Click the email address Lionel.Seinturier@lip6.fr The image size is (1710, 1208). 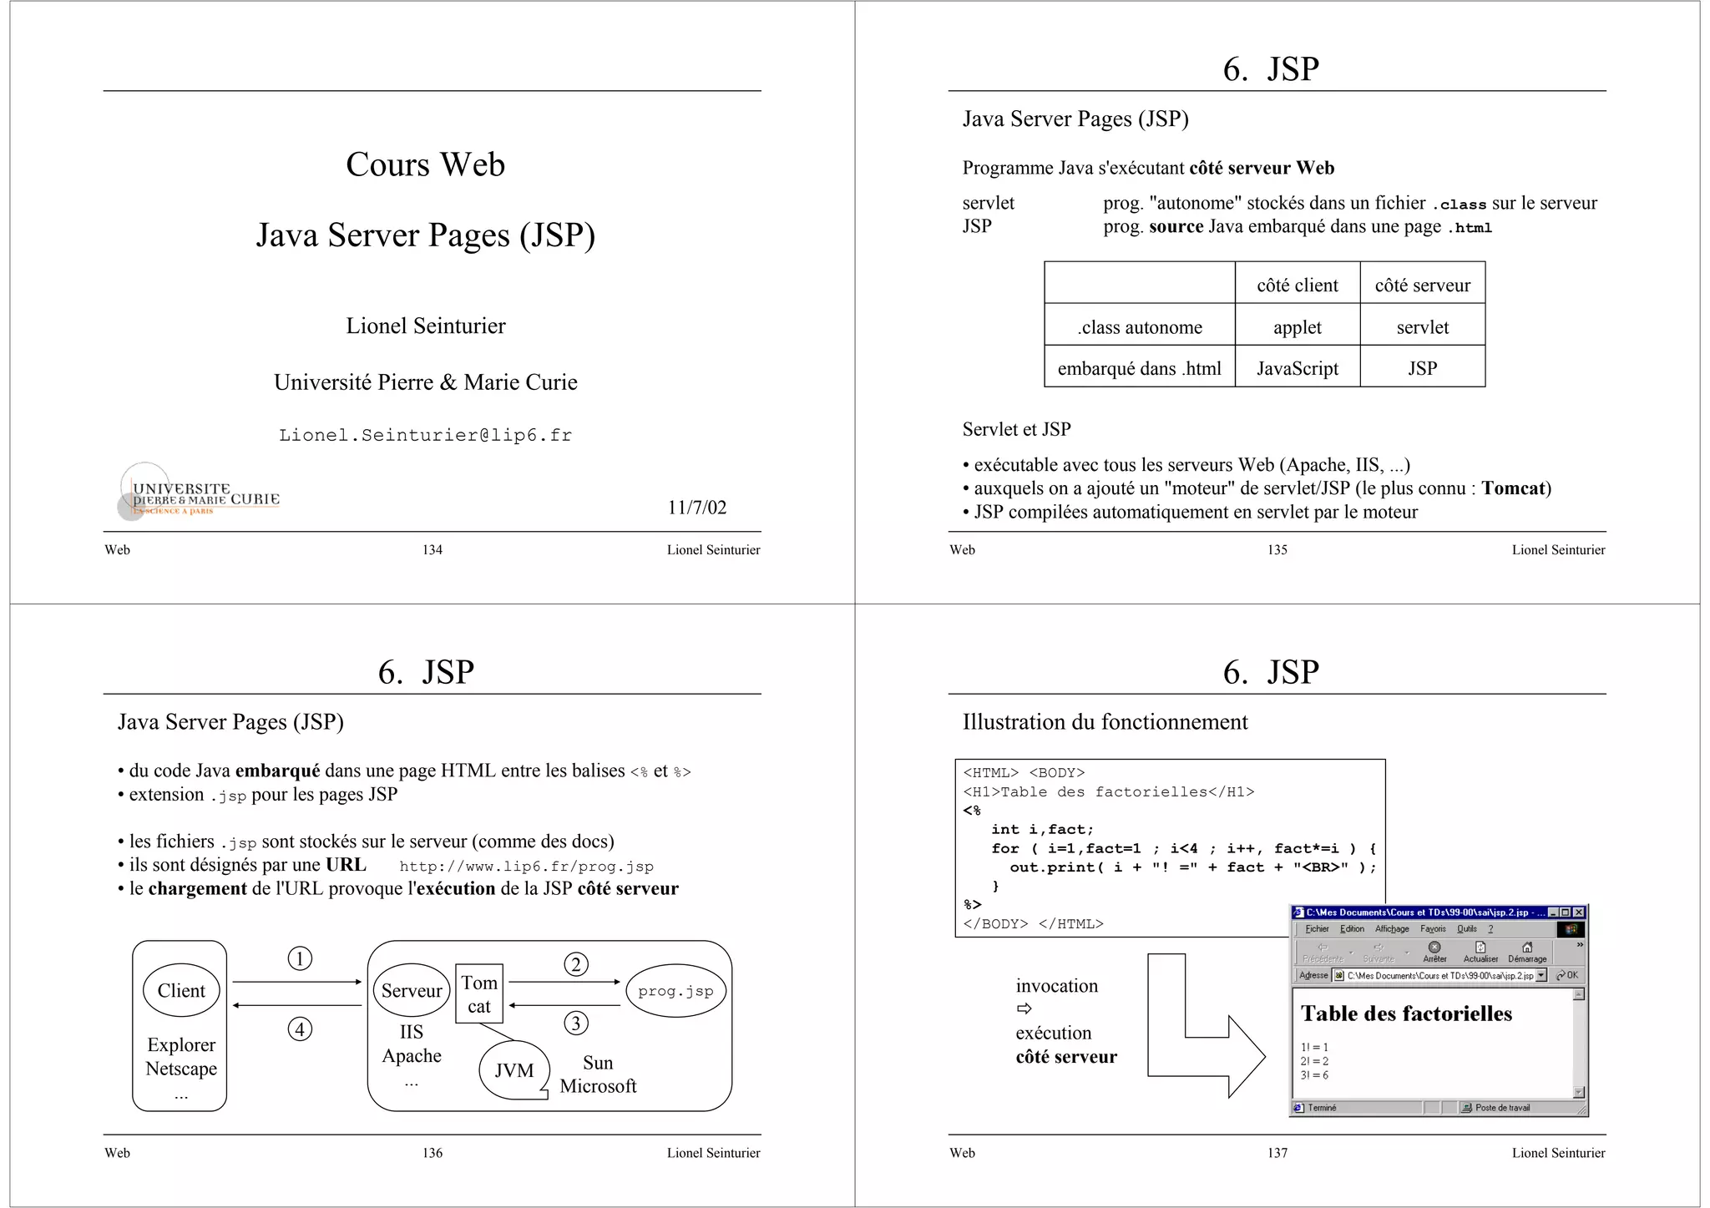(425, 435)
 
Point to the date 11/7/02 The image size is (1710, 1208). (696, 508)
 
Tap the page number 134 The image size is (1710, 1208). (432, 549)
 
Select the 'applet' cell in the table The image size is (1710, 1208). (1297, 327)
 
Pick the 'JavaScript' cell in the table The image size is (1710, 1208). (1297, 368)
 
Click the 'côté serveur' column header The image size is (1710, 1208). (1422, 286)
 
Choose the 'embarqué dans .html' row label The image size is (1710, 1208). (1139, 368)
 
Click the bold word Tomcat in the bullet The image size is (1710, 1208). (1514, 488)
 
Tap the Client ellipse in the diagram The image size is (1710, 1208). (181, 991)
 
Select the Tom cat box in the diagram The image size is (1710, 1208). (479, 993)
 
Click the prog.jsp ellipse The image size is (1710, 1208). (675, 991)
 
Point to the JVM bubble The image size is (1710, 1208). (514, 1070)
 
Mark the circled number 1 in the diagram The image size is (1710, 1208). (300, 958)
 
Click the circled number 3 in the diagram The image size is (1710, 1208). (576, 1023)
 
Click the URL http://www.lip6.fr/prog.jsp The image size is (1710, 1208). (526, 867)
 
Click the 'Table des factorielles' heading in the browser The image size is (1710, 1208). (1406, 1013)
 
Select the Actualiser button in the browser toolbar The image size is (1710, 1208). (1480, 952)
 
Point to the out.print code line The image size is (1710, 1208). (1192, 867)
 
